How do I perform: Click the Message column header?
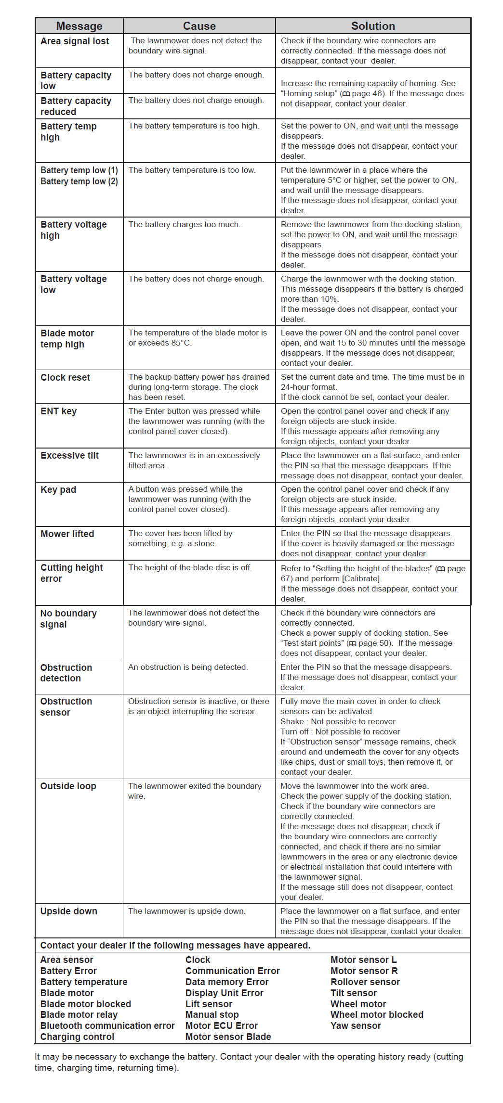click(79, 26)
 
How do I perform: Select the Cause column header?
click(199, 26)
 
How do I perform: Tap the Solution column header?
click(373, 26)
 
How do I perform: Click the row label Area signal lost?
click(75, 41)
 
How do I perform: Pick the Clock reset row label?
click(65, 378)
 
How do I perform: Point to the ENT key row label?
click(58, 411)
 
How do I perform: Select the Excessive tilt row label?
click(69, 456)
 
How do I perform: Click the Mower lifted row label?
click(67, 534)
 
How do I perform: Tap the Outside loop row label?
click(68, 786)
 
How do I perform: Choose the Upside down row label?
click(68, 911)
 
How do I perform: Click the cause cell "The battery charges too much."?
click(184, 225)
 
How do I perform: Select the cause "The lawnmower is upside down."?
click(186, 911)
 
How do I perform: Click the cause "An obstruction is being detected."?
click(188, 667)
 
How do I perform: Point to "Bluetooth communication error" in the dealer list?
click(107, 1026)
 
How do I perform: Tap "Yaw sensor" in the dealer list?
click(356, 1026)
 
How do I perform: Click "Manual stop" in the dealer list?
click(212, 1015)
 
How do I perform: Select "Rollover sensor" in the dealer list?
click(365, 982)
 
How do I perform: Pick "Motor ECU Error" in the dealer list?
click(222, 1026)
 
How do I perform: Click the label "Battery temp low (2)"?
click(79, 181)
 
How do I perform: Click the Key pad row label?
click(58, 490)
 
